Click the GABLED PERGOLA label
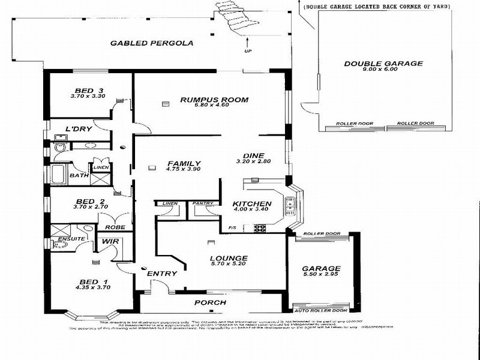pos(142,43)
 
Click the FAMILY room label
pos(184,163)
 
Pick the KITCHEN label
pos(252,204)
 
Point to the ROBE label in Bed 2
pos(115,227)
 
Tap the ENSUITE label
pos(67,238)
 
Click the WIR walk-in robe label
pos(109,241)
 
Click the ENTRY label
pos(162,274)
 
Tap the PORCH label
pos(211,302)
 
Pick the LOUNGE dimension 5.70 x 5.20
pos(229,265)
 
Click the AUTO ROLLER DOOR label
pos(322,310)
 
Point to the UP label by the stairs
pos(247,51)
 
